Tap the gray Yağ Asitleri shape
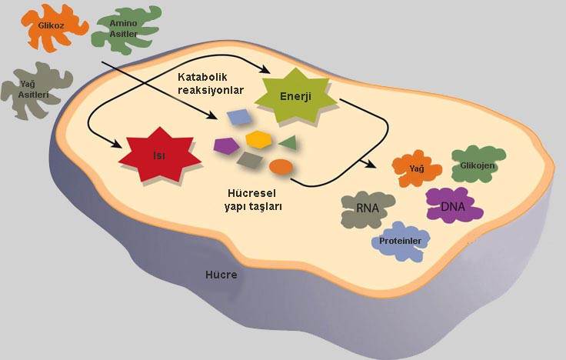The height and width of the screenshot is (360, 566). point(34,91)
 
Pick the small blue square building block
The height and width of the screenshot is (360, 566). point(238,117)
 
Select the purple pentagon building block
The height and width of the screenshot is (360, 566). point(225,144)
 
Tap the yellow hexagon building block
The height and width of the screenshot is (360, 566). point(258,139)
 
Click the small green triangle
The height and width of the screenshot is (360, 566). point(288,142)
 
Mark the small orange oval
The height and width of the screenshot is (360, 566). point(281,166)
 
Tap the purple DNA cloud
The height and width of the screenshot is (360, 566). point(452,206)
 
